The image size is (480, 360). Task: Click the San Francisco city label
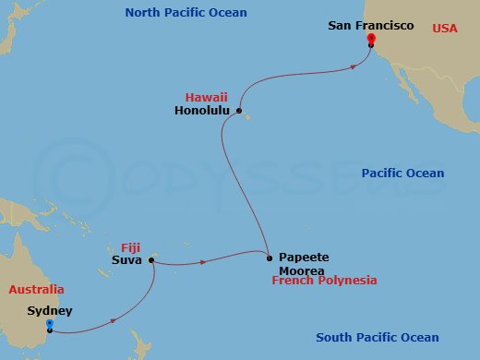pyautogui.click(x=371, y=26)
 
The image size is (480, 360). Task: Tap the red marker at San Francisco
pyautogui.click(x=370, y=39)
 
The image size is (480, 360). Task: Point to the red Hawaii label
pyautogui.click(x=206, y=96)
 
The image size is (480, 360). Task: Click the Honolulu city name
pyautogui.click(x=201, y=111)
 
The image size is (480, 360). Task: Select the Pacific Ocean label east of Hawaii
pyautogui.click(x=402, y=174)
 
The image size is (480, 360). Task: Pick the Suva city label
pyautogui.click(x=127, y=261)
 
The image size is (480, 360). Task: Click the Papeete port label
pyautogui.click(x=304, y=258)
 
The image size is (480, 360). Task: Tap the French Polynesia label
pyautogui.click(x=324, y=280)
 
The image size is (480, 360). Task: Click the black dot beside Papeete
pyautogui.click(x=269, y=258)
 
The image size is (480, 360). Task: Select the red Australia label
pyautogui.click(x=36, y=289)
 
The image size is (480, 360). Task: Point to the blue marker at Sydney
pyautogui.click(x=49, y=323)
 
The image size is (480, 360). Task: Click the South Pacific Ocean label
pyautogui.click(x=377, y=338)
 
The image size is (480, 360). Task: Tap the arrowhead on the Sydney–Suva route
pyautogui.click(x=112, y=321)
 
